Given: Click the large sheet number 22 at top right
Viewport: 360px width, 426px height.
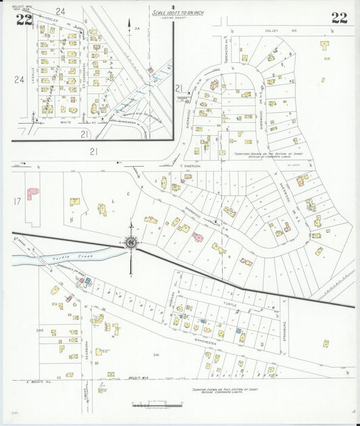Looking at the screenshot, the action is click(x=339, y=18).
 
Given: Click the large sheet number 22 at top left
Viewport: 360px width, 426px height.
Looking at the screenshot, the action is click(x=24, y=19).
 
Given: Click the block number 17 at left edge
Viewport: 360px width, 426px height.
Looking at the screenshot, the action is click(x=16, y=201).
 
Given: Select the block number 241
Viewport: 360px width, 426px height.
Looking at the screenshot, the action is click(x=157, y=354).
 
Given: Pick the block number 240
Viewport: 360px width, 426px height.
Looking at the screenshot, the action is click(x=40, y=330).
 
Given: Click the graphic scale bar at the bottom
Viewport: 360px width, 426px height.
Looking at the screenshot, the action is click(x=157, y=405).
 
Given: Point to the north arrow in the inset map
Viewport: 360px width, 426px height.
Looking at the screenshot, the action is click(x=129, y=25).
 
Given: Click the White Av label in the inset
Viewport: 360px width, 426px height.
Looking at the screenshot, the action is click(x=66, y=124).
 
